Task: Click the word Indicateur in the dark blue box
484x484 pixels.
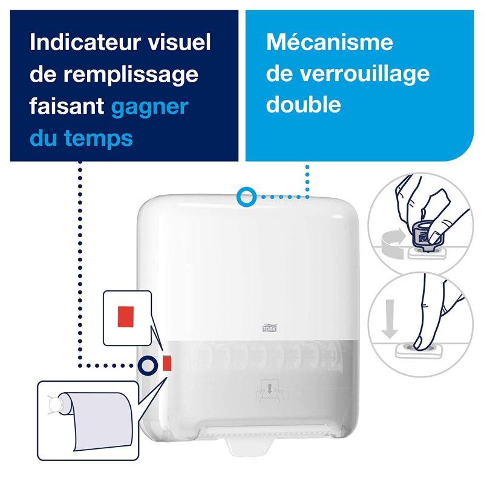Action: point(85,42)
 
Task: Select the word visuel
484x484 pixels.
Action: point(179,42)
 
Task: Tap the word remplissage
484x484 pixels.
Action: point(131,76)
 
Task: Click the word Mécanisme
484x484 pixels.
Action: point(330,42)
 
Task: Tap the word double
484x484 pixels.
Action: point(304,104)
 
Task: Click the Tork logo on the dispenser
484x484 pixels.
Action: point(269,328)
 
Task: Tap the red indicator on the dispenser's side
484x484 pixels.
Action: point(167,363)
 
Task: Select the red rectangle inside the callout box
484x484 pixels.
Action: point(126,316)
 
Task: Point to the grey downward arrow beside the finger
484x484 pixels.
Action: point(390,318)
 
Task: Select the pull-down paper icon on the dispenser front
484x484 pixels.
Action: point(269,390)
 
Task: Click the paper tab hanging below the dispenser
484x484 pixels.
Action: point(249,446)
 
